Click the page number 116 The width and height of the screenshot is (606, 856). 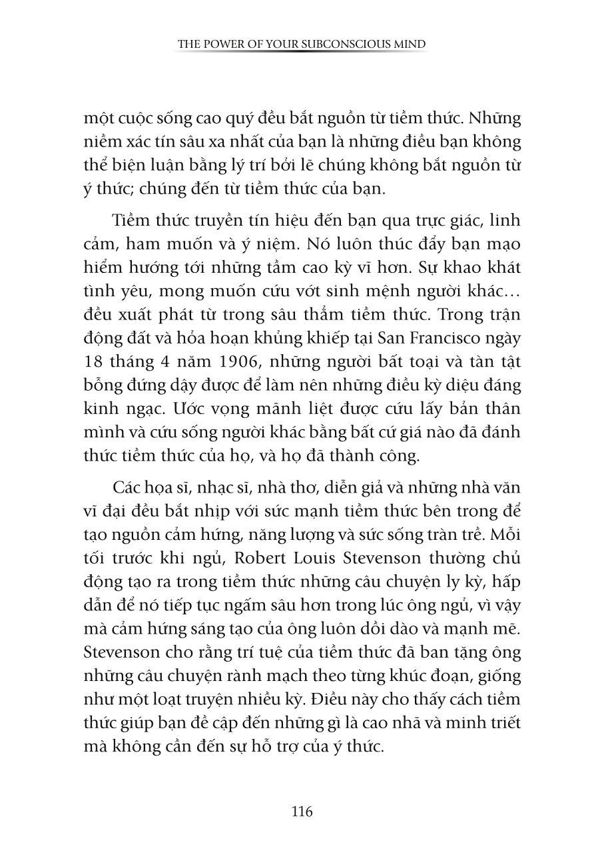302,811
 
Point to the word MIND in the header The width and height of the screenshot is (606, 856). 412,45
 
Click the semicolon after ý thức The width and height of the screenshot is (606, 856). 135,188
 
